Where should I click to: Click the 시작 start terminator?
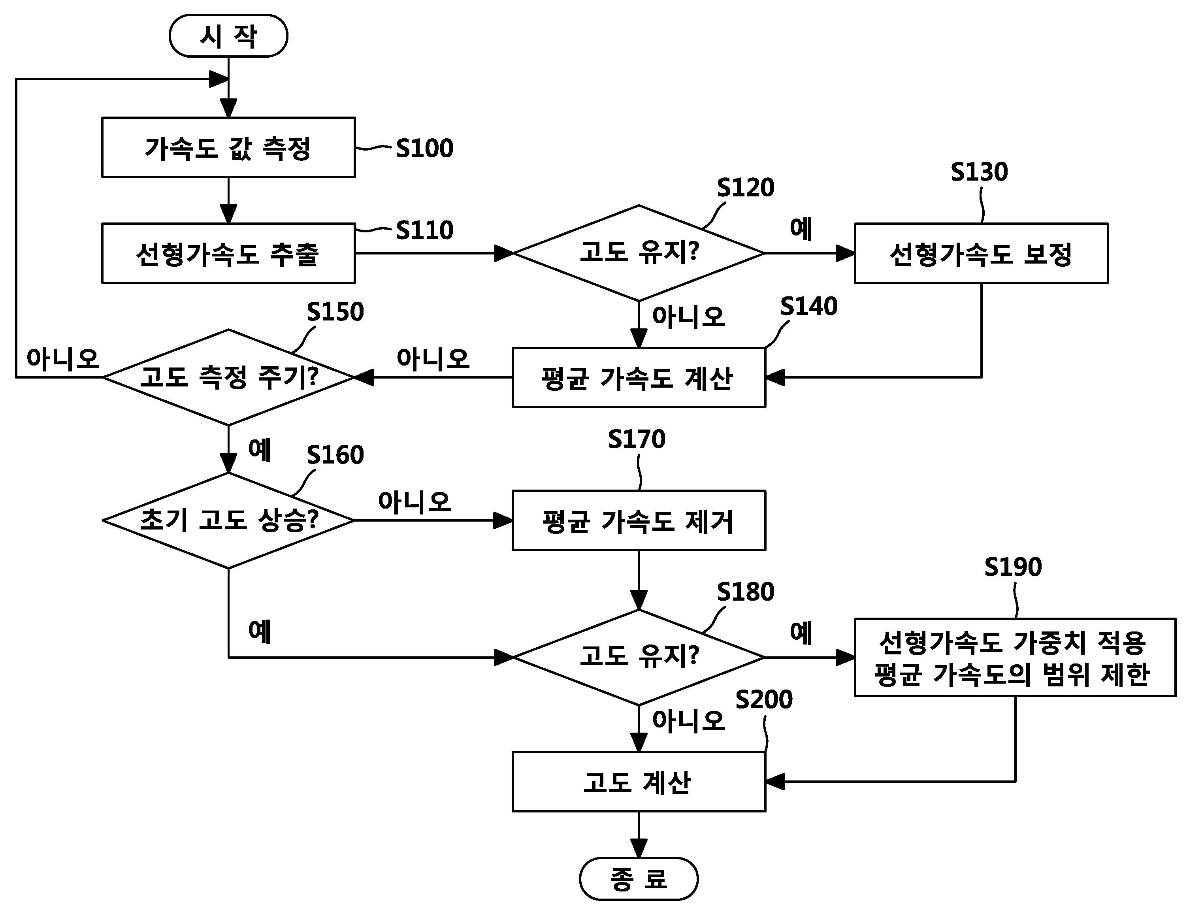click(228, 36)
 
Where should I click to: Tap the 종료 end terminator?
click(639, 879)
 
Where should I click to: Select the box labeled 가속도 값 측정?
click(228, 147)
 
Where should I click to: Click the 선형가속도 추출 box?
click(228, 253)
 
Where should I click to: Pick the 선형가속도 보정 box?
click(981, 253)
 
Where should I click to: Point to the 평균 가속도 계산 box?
click(639, 378)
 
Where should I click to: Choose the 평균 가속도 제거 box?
click(639, 520)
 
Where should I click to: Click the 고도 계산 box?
click(639, 782)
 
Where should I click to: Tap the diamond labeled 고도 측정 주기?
click(228, 377)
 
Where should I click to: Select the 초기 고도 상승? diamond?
click(228, 520)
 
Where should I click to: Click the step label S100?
click(424, 148)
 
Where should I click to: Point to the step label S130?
click(979, 172)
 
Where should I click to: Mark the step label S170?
click(637, 439)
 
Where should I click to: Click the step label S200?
click(764, 699)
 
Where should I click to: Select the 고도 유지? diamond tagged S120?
click(639, 253)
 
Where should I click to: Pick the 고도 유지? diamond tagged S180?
click(639, 657)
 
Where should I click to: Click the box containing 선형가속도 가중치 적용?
click(1015, 658)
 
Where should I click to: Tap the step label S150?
click(335, 312)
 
